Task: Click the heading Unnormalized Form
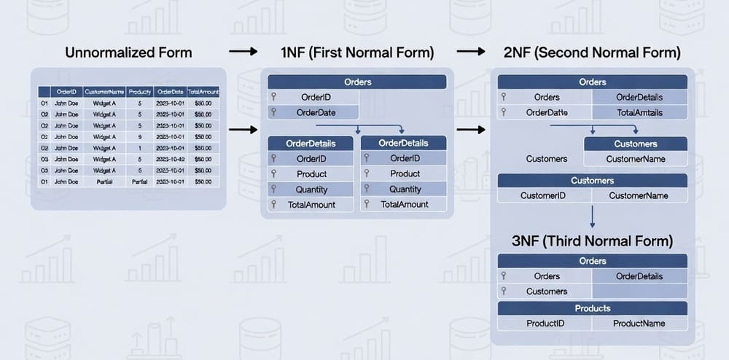coord(128,52)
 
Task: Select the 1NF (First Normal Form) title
coord(357,52)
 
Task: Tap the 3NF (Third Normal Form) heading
coord(591,240)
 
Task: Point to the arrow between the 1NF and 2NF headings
coord(472,52)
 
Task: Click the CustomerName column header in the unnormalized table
coord(104,92)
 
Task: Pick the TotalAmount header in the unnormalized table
coord(203,92)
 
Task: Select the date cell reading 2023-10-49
coord(170,159)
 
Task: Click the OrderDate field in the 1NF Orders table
coord(316,112)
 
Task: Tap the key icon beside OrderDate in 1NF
coord(273,112)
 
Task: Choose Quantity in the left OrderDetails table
coord(311,189)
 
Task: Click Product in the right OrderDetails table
coord(405,173)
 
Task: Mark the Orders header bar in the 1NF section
coord(357,82)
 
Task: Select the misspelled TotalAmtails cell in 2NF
coord(639,112)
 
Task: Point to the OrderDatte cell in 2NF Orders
coord(547,112)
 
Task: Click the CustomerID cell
coord(543,195)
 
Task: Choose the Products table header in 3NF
coord(592,308)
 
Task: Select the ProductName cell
coord(639,323)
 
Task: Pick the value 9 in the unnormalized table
coord(139,136)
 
